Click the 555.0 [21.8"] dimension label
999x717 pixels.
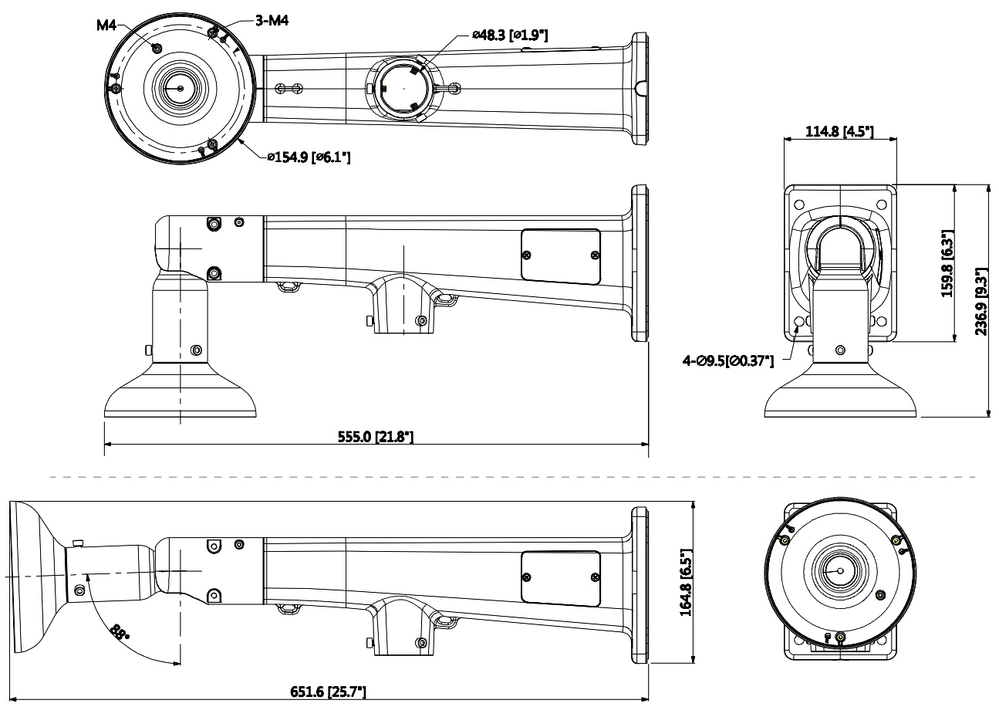(x=376, y=437)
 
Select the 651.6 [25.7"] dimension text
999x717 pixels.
(x=327, y=692)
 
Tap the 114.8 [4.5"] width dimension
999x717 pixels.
(x=839, y=131)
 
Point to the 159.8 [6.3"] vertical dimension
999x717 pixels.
(x=948, y=263)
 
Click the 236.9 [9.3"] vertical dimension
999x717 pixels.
(x=981, y=302)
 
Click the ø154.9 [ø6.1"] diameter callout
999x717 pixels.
(x=309, y=157)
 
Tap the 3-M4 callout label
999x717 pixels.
(x=272, y=21)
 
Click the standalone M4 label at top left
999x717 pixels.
(x=106, y=25)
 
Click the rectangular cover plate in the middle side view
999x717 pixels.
(x=561, y=255)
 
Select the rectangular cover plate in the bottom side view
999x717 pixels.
(x=561, y=577)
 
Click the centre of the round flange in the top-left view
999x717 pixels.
(x=180, y=88)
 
